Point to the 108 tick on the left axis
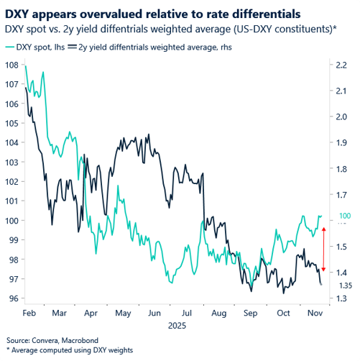[12, 65]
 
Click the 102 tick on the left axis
[12, 181]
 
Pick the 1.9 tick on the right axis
[342, 142]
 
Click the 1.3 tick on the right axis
[342, 298]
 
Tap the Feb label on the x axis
[30, 314]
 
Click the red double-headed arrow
[323, 249]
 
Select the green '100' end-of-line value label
[345, 216]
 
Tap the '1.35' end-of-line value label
[345, 285]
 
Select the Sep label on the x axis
[251, 314]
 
